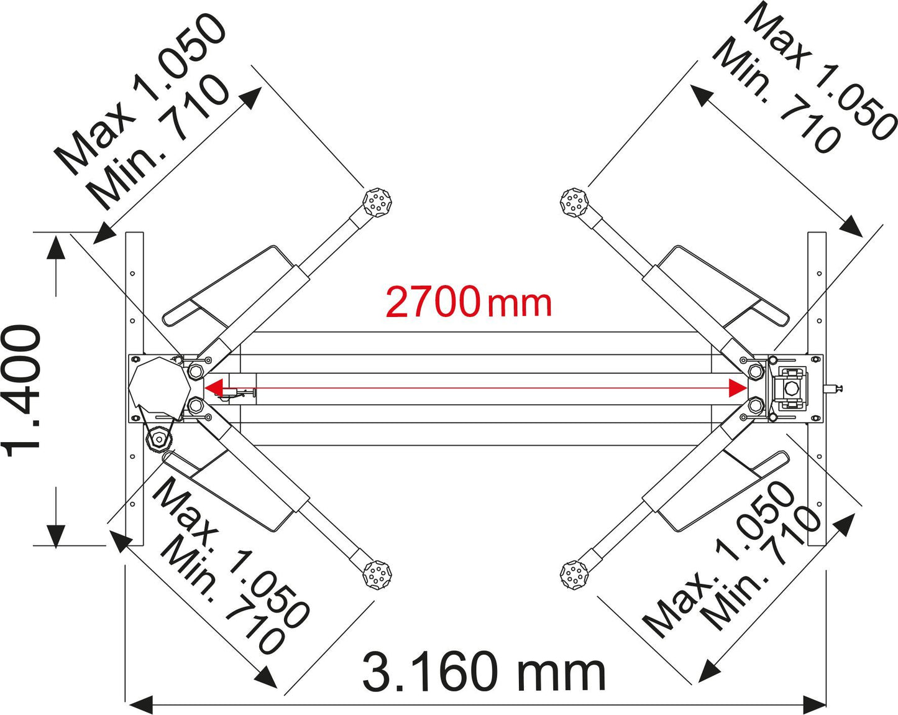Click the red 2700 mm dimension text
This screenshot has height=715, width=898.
coord(468,302)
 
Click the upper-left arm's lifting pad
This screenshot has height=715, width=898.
coord(377,203)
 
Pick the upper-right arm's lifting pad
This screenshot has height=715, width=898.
coord(574,203)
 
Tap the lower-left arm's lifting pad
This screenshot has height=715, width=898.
coord(377,576)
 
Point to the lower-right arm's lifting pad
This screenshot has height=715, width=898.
coord(574,576)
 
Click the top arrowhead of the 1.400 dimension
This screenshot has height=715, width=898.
coord(55,247)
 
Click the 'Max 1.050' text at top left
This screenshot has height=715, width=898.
coord(140,94)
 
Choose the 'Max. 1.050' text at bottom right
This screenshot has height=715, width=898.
coord(718,559)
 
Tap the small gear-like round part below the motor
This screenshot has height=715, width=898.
coord(159,438)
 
